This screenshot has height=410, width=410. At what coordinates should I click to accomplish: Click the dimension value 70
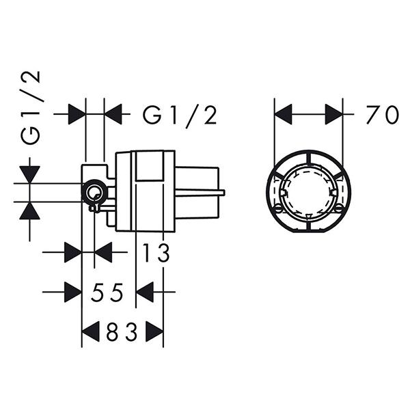point(382,114)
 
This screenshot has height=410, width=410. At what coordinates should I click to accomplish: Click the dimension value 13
point(156,252)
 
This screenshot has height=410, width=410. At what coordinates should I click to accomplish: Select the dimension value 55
point(107,292)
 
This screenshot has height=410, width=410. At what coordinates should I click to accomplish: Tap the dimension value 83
point(122,332)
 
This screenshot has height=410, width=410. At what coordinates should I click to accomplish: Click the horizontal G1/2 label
point(180,115)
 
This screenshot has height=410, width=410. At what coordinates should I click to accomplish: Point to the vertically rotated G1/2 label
point(31,108)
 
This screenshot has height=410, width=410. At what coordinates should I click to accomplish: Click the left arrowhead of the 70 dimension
point(283,114)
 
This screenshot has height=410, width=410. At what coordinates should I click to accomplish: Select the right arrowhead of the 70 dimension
point(334,114)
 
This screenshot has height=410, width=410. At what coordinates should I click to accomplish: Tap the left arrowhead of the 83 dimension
point(91,331)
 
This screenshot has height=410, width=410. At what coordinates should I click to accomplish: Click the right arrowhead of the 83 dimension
point(154,331)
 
